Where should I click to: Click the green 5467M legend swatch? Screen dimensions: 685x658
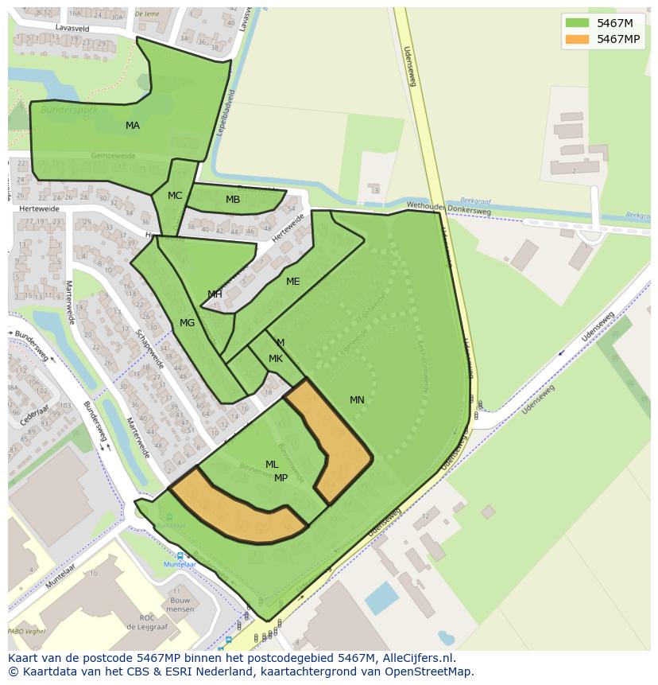click(577, 23)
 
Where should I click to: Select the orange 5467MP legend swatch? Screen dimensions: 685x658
click(577, 39)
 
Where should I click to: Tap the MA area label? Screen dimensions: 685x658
click(133, 126)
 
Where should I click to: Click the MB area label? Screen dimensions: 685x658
click(233, 200)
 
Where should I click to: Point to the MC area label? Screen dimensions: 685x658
click(175, 196)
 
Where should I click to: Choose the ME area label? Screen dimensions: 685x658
click(293, 282)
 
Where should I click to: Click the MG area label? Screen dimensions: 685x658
click(187, 323)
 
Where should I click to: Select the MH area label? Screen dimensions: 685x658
click(215, 294)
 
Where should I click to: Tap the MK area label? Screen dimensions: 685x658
click(276, 359)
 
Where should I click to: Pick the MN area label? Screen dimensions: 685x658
click(357, 400)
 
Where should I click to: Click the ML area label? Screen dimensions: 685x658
click(272, 465)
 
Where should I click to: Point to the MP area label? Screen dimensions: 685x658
click(281, 478)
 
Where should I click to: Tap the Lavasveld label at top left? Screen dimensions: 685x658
click(72, 28)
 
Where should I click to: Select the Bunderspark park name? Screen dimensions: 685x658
click(69, 110)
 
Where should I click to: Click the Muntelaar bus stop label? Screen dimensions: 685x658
click(180, 564)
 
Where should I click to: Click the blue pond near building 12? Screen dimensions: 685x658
click(382, 598)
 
